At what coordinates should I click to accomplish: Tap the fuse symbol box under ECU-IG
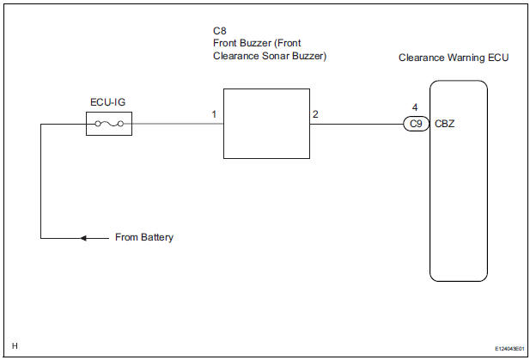(x=109, y=125)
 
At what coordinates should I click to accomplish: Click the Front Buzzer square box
(x=266, y=124)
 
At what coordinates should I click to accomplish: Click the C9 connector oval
(x=416, y=124)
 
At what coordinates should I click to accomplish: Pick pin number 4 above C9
(x=416, y=108)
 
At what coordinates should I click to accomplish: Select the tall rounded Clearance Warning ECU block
(x=459, y=180)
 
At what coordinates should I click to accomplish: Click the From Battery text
(x=144, y=237)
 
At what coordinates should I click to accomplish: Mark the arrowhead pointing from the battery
(x=83, y=237)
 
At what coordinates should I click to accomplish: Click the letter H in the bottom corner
(x=15, y=346)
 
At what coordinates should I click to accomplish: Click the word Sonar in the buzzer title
(x=276, y=57)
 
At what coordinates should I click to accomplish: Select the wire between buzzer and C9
(x=356, y=124)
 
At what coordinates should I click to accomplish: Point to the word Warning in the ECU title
(x=460, y=58)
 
